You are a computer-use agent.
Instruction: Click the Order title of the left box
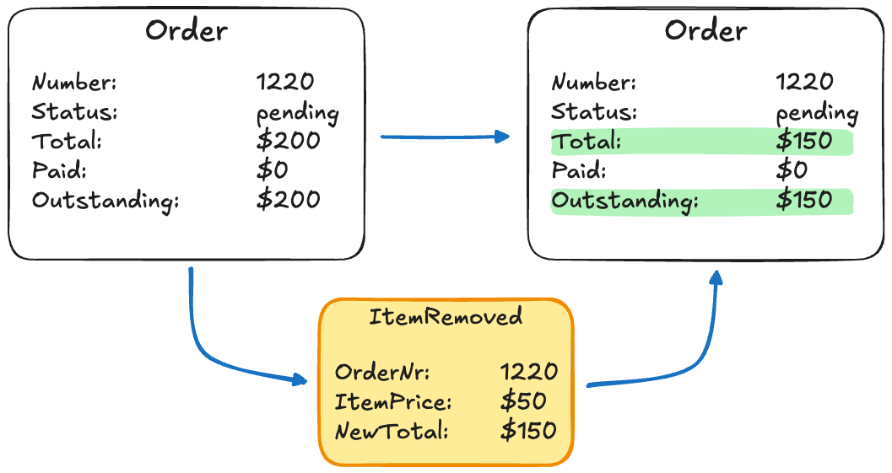coord(187,31)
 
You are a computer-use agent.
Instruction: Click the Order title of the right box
coord(705,31)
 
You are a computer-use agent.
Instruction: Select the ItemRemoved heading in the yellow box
coord(446,317)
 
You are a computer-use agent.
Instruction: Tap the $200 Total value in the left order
coord(288,141)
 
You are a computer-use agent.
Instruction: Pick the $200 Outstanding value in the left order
coord(288,200)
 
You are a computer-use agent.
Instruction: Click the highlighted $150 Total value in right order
coord(804,142)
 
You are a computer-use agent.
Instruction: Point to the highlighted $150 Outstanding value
coord(804,201)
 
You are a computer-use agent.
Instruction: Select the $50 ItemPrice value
coord(523,401)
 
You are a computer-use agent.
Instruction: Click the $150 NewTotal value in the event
coord(528,431)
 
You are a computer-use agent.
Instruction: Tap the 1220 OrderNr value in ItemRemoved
coord(528,372)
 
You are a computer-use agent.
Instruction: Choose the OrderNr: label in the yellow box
coord(382,372)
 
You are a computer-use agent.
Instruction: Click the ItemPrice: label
coord(393,401)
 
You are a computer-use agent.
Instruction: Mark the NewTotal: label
coord(392,431)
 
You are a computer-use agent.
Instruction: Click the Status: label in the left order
coord(74,111)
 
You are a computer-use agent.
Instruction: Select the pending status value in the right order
coord(816,113)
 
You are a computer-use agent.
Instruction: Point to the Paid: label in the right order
coord(579,171)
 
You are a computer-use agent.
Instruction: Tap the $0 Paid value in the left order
coord(272,170)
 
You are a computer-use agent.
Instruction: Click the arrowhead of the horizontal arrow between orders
coord(504,137)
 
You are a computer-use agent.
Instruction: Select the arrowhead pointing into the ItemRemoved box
coord(300,380)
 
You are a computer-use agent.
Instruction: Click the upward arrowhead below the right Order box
coord(716,277)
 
